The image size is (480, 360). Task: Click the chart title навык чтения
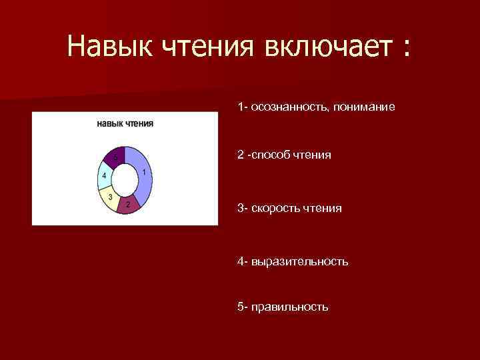(125, 123)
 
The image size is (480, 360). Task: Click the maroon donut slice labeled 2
(128, 204)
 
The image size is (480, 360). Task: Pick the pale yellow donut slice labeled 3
(109, 197)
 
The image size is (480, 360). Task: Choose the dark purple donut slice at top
(115, 157)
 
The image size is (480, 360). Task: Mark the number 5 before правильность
(240, 307)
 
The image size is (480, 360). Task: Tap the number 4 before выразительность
(240, 261)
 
